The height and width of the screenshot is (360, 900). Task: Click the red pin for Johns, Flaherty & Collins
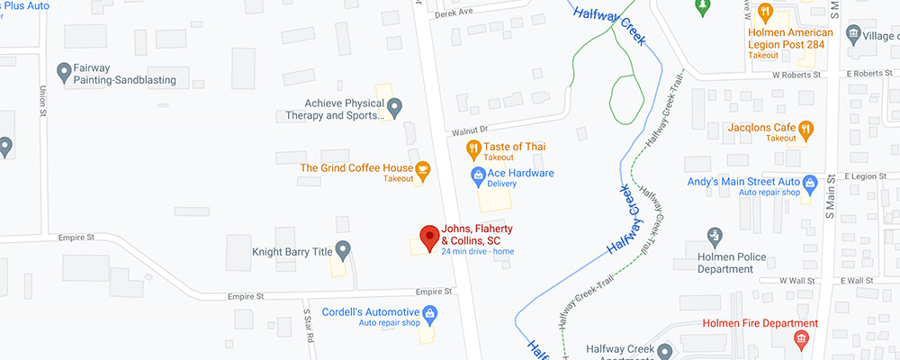point(429,237)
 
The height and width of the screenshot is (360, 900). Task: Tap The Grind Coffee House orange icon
point(422,167)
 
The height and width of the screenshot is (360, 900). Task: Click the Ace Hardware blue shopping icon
point(477,173)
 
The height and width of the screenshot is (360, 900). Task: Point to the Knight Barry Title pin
point(342,248)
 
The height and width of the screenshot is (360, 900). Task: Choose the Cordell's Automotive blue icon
point(430,312)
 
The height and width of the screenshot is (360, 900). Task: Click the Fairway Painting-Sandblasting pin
point(64,69)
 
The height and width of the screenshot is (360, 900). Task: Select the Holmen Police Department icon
point(715,236)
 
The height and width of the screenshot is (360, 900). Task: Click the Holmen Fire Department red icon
point(800,338)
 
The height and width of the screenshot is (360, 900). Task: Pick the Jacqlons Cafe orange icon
point(805,128)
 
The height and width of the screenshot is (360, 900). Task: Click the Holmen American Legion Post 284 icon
point(765,12)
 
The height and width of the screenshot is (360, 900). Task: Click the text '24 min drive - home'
point(477,251)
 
